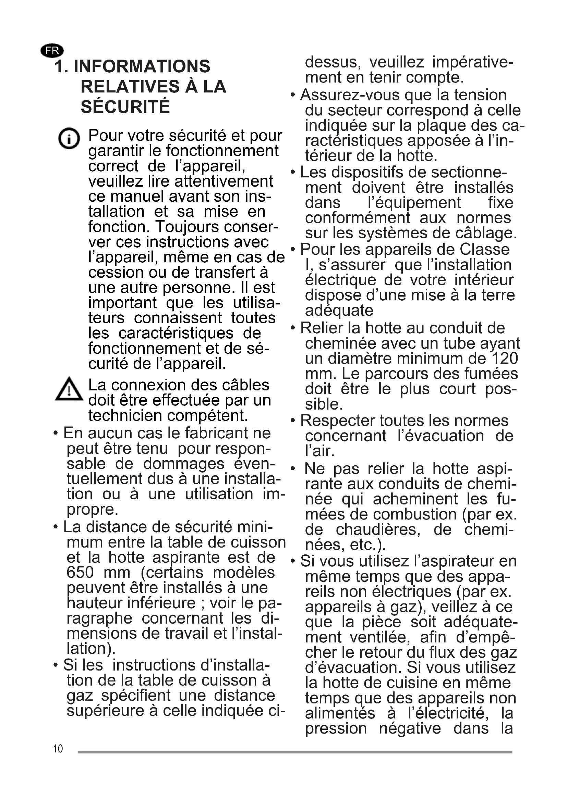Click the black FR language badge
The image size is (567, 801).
coord(52,51)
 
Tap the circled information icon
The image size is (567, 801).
coord(69,138)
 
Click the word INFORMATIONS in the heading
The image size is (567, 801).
coord(142,67)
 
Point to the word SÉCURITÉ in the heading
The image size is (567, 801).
coord(125,107)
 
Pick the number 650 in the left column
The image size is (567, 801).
coord(80,573)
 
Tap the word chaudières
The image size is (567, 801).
coord(378,529)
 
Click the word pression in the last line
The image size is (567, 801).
coord(336,728)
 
